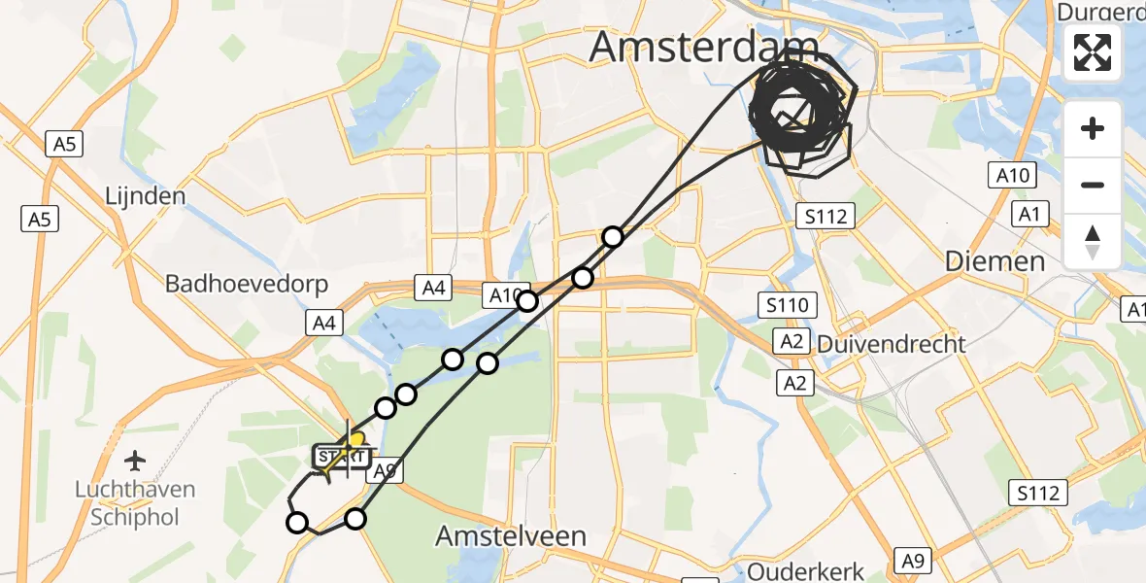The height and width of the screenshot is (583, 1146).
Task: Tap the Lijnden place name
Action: pos(145,195)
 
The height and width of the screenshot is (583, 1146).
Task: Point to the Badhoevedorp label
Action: pos(247,285)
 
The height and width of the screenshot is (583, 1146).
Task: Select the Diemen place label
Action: pos(996,261)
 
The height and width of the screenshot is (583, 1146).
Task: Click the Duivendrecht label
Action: pos(892,344)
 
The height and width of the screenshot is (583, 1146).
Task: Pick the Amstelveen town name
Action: pos(511,535)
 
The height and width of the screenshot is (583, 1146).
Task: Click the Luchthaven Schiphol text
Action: pos(135,503)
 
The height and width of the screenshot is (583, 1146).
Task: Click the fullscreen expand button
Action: pos(1093,52)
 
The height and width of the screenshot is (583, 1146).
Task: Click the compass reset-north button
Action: pos(1093,241)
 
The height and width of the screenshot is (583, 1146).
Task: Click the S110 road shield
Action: pos(786,307)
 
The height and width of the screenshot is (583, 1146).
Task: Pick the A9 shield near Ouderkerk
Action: pos(912,560)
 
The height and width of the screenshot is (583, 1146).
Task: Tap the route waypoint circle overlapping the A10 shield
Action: pos(527,301)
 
